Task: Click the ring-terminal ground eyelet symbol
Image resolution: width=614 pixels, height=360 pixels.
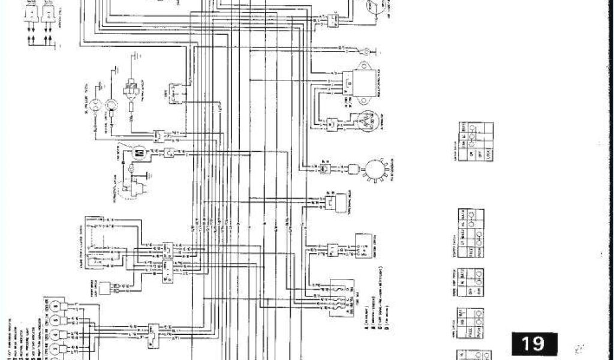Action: click(x=363, y=49)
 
